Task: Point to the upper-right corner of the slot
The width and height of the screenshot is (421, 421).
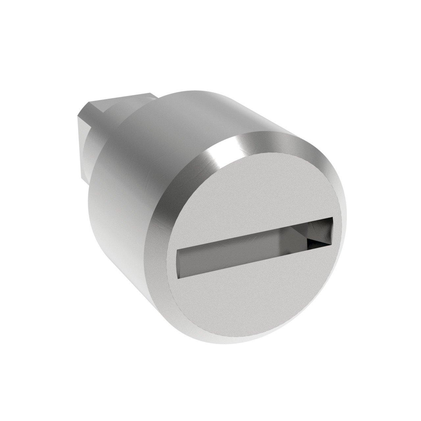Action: tap(333, 218)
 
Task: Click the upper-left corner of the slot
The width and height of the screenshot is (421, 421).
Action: tap(177, 250)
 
